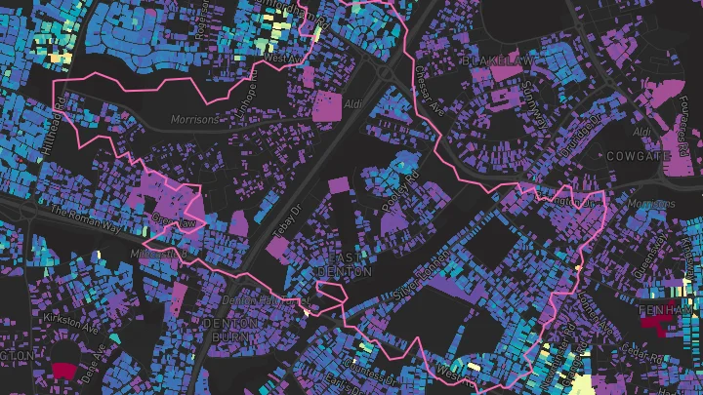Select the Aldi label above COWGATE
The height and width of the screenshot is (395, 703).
(641, 131)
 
